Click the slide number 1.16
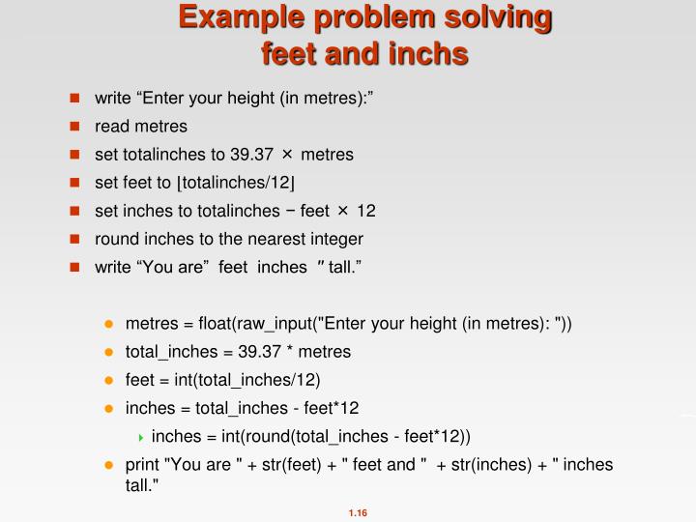point(359,512)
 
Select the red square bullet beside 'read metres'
point(73,127)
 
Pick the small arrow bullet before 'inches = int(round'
point(141,437)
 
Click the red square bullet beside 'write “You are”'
point(73,267)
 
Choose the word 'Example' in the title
point(218,17)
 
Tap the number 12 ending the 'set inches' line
point(366,211)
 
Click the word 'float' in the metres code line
point(209,323)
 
